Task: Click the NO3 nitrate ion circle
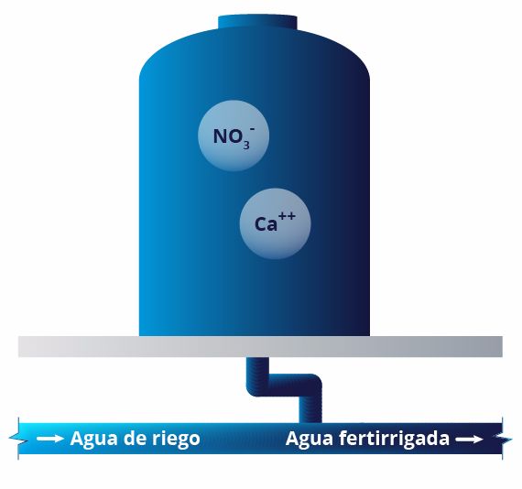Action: click(x=234, y=136)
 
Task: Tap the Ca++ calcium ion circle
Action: click(x=275, y=223)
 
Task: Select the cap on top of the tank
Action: click(x=257, y=23)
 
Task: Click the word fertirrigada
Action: click(x=394, y=438)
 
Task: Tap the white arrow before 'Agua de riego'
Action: click(x=50, y=439)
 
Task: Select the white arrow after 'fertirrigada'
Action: click(x=470, y=440)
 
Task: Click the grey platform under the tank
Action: click(x=260, y=346)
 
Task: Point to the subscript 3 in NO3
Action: click(x=246, y=146)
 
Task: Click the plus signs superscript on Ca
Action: click(x=287, y=216)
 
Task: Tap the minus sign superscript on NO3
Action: click(x=253, y=129)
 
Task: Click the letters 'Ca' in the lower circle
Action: click(x=266, y=224)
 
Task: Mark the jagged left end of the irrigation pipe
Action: click(x=17, y=438)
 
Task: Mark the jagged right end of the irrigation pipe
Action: click(x=504, y=439)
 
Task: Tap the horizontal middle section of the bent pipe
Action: click(x=284, y=386)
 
